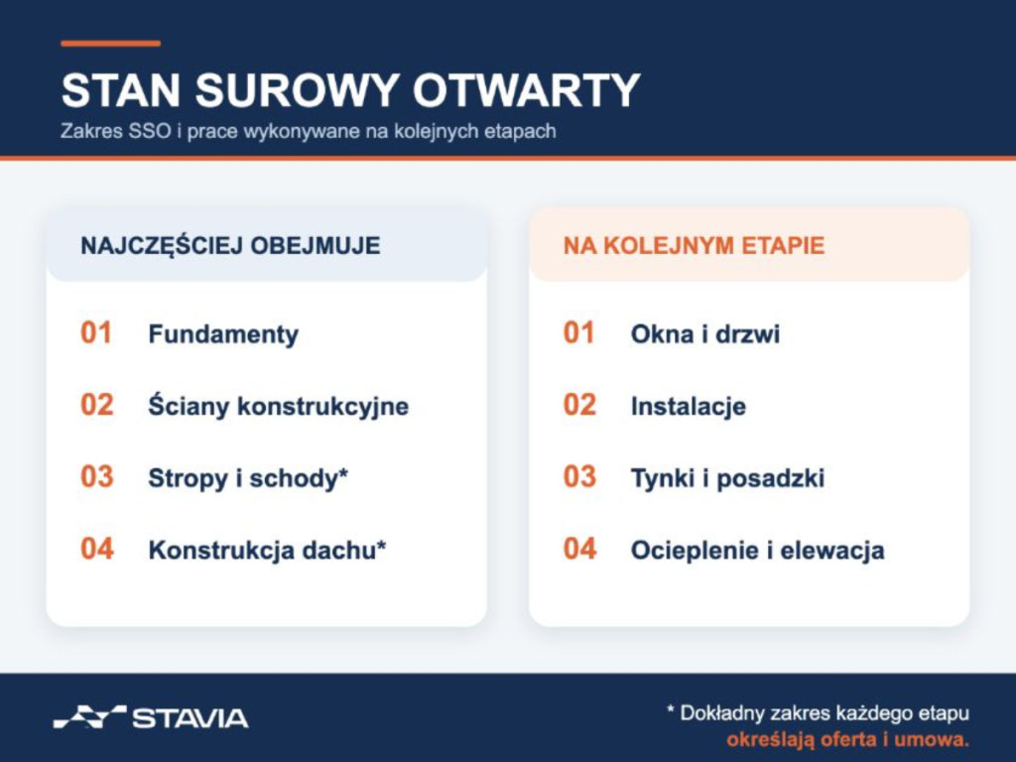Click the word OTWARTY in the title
click(526, 90)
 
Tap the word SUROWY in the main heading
click(297, 90)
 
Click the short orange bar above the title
click(110, 44)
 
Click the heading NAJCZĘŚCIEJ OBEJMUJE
click(230, 246)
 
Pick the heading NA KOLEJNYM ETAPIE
click(694, 246)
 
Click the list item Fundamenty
click(223, 334)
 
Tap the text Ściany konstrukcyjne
click(279, 406)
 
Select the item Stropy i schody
click(244, 478)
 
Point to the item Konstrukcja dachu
click(262, 550)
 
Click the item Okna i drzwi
click(705, 334)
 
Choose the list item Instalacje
click(689, 406)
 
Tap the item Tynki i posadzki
click(727, 478)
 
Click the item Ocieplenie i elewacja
click(757, 550)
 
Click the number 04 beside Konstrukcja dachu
click(97, 549)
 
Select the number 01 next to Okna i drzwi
click(578, 333)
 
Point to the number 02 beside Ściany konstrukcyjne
click(97, 405)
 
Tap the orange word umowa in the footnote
click(931, 739)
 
